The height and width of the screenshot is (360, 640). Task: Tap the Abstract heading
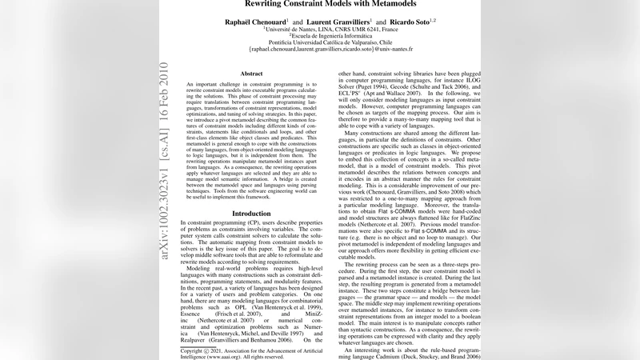tap(252, 74)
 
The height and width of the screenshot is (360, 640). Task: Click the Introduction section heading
tap(251, 214)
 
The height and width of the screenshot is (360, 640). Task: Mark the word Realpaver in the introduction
tap(199, 339)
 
